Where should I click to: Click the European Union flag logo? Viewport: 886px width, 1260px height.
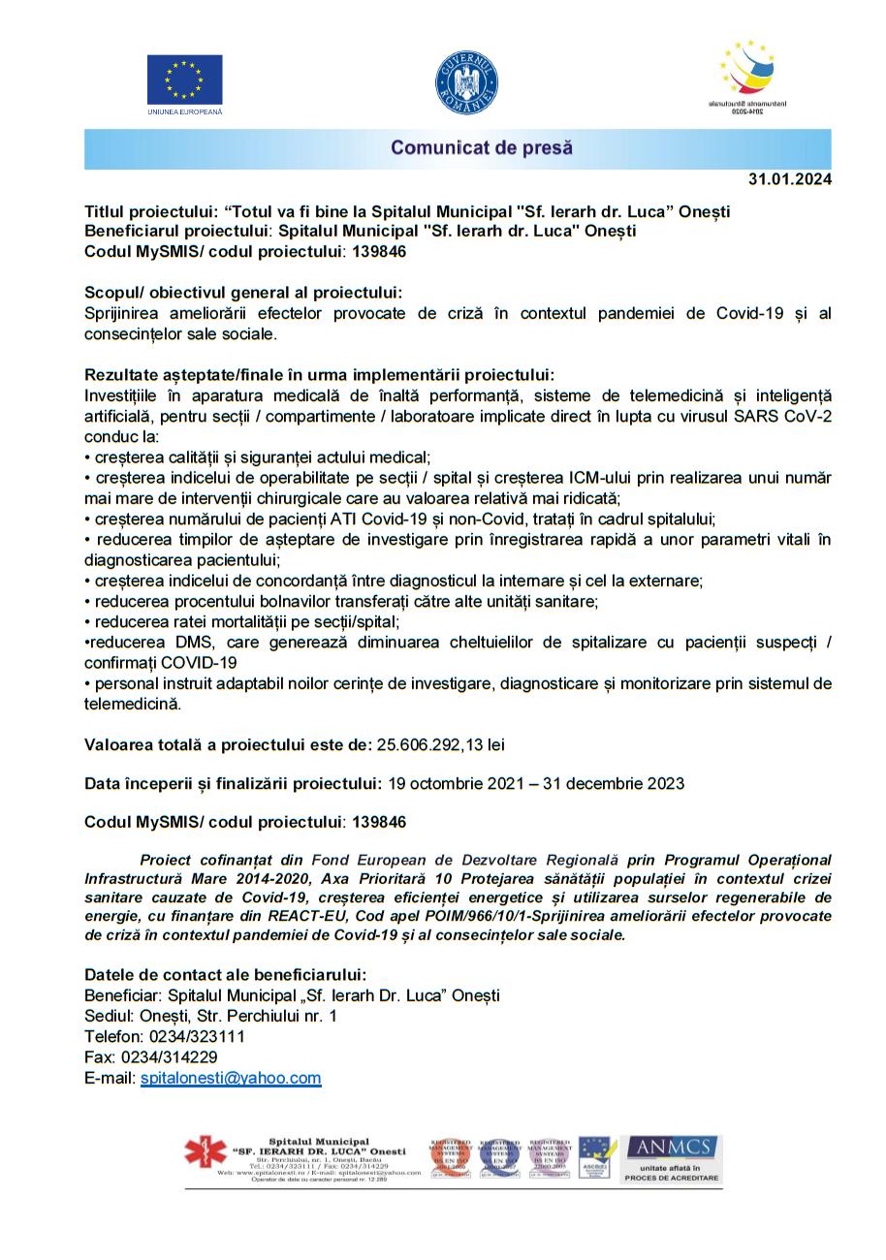tap(184, 79)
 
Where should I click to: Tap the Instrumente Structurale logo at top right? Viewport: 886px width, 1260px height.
tap(747, 78)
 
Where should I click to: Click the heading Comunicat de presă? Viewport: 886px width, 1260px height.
tap(482, 148)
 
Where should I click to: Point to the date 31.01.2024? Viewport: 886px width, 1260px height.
tap(789, 179)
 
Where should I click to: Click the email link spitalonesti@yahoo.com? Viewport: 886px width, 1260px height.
tap(231, 1078)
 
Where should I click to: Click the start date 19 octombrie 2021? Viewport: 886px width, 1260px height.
tap(449, 783)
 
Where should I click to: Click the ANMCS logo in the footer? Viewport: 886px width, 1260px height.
tap(671, 1158)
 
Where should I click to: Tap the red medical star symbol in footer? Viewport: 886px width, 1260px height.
tap(206, 1153)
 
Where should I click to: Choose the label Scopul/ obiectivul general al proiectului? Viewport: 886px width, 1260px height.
tap(243, 293)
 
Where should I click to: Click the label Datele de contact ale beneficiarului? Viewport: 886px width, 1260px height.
tap(226, 974)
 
